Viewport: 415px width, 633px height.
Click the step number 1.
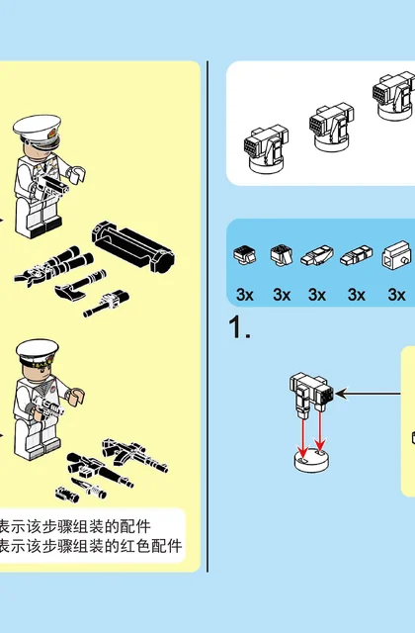(239, 326)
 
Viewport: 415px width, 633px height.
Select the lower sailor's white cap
(38, 352)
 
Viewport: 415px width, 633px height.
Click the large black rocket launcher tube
(133, 246)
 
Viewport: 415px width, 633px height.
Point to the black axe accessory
(80, 285)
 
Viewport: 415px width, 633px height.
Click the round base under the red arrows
(311, 461)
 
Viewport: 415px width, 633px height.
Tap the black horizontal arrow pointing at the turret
(368, 394)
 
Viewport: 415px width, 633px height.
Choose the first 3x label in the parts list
(245, 295)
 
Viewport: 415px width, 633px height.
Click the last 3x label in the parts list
(396, 295)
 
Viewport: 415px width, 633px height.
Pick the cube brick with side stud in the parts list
(396, 256)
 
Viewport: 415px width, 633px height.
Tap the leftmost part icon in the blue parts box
(244, 255)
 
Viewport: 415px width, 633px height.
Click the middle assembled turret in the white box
(332, 128)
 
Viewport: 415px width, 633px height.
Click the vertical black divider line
(207, 316)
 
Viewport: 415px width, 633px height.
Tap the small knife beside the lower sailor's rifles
(90, 489)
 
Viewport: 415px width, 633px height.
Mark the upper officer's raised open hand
(76, 174)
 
